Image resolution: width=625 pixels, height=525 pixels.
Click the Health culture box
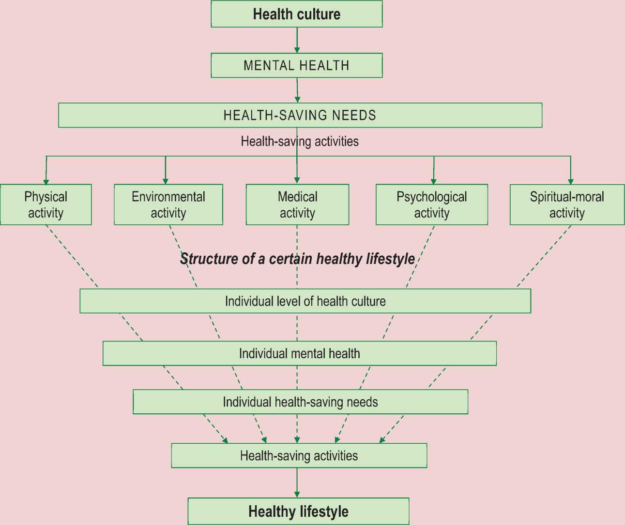click(296, 14)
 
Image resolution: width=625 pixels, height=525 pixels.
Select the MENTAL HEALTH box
click(296, 65)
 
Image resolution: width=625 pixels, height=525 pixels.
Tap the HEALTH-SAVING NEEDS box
click(300, 115)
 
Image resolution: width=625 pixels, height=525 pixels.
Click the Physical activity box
click(46, 204)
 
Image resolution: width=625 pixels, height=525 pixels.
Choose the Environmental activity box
click(168, 204)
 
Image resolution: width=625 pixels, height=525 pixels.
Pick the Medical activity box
click(297, 204)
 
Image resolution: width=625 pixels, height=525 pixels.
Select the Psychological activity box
click(431, 204)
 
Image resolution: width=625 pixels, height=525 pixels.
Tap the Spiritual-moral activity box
click(567, 204)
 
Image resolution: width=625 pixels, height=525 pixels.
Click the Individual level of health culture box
click(305, 301)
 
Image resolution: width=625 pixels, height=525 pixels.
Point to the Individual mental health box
click(299, 353)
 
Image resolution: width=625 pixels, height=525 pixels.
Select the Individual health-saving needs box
click(300, 402)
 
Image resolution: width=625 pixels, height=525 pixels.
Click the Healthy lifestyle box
click(298, 511)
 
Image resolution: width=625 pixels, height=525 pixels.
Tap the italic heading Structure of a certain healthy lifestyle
click(297, 259)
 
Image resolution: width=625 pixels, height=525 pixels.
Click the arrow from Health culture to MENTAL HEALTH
click(297, 40)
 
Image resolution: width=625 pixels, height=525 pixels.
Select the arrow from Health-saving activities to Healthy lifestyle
click(297, 482)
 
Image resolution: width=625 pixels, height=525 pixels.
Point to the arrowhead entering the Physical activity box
click(46, 181)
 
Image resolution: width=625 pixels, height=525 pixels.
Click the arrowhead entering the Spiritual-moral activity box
click(570, 181)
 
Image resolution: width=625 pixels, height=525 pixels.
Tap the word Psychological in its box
click(431, 197)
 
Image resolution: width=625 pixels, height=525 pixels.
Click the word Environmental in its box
click(168, 197)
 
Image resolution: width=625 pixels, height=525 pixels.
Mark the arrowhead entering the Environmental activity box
click(166, 181)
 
